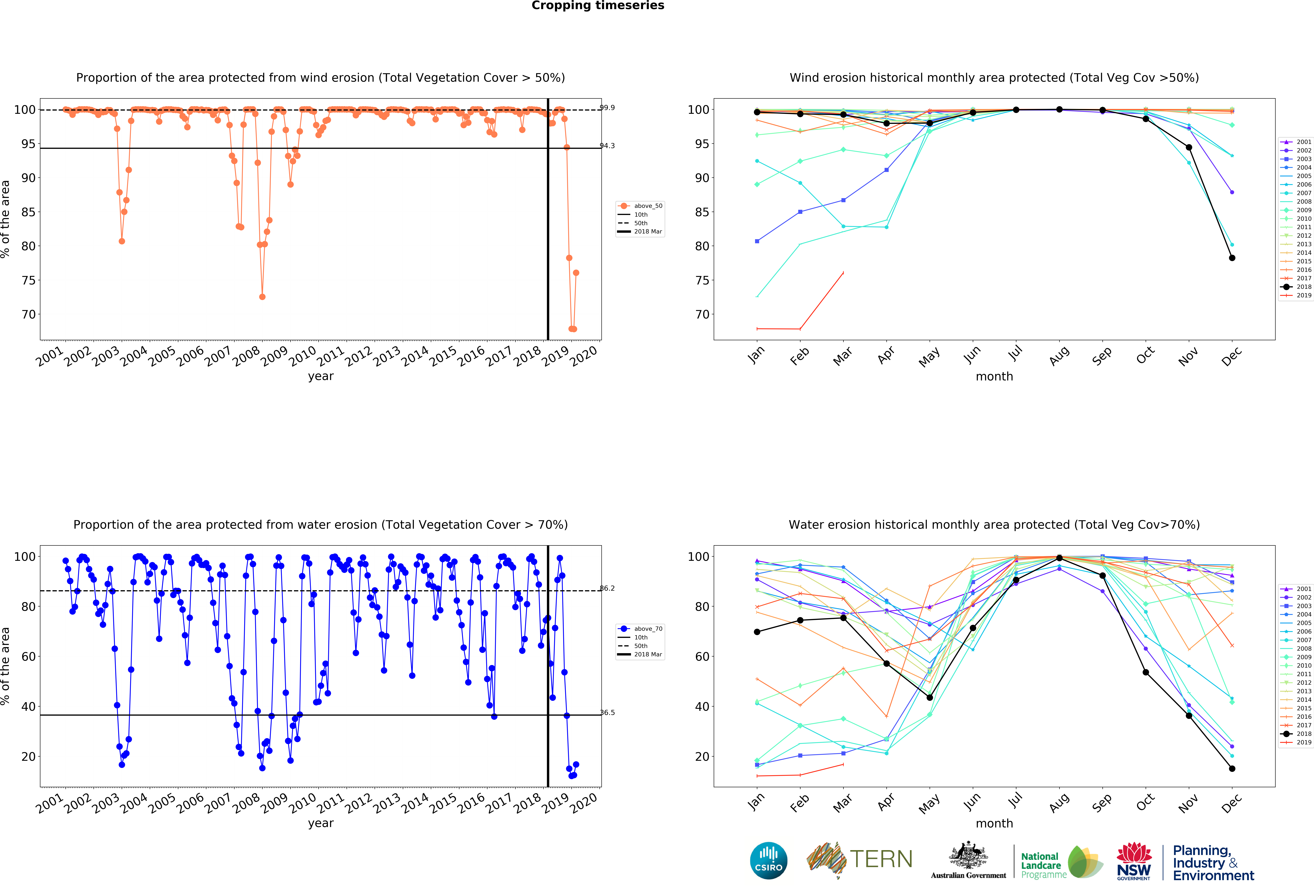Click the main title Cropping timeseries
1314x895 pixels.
tap(598, 6)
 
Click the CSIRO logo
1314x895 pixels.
tap(768, 861)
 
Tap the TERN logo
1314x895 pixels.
tap(859, 859)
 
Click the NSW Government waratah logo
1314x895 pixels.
tap(1134, 861)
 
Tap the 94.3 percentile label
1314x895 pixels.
tap(607, 146)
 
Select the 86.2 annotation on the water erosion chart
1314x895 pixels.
tap(607, 588)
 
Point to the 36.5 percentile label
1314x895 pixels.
tap(607, 713)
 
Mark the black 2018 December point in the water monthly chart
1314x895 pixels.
tap(1232, 768)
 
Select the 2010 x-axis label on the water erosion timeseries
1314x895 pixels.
tap(303, 802)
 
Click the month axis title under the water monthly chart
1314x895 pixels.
tap(994, 823)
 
